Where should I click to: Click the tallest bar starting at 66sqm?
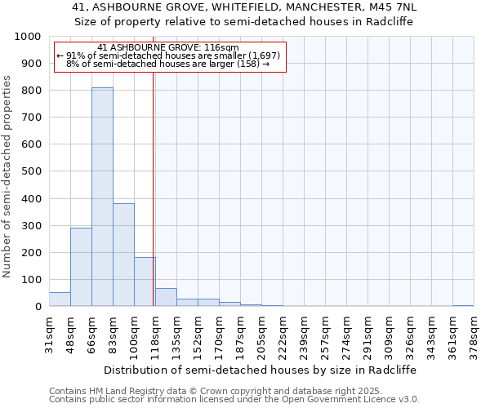[102, 197]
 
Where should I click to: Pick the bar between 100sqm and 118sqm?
[145, 282]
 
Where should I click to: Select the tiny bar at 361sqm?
[463, 305]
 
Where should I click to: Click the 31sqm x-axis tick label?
[50, 332]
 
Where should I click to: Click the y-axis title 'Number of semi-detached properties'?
[7, 175]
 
